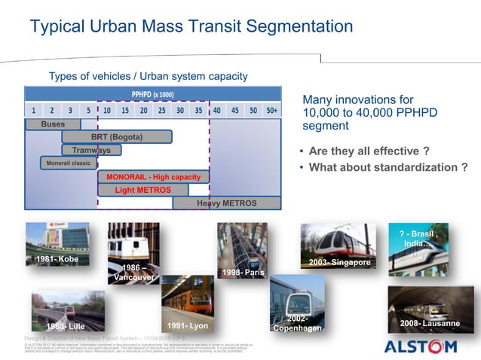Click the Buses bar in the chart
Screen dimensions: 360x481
tap(53, 124)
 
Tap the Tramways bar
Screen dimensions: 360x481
tap(91, 150)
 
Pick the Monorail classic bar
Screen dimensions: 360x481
tap(69, 163)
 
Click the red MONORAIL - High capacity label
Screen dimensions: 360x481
tap(153, 177)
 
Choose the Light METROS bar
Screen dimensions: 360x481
tap(142, 190)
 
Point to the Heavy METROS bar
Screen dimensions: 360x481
tap(226, 203)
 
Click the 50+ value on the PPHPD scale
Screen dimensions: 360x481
tap(271, 110)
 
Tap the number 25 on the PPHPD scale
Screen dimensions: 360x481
tap(161, 110)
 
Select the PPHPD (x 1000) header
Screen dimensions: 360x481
tap(153, 94)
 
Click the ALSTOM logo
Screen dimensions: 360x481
tap(420, 346)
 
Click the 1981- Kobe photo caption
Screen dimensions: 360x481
tap(57, 259)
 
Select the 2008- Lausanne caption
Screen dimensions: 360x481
tap(430, 323)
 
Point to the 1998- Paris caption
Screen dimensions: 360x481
tap(243, 272)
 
